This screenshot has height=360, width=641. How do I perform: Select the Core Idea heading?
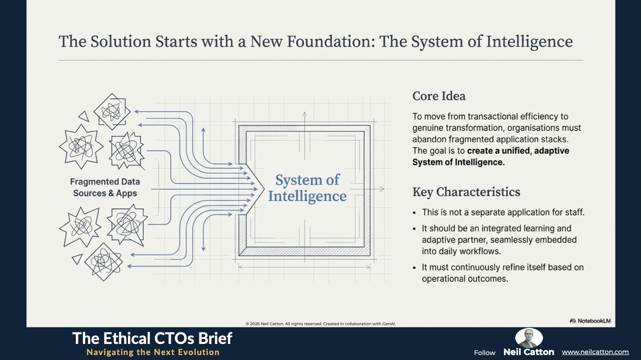pyautogui.click(x=439, y=96)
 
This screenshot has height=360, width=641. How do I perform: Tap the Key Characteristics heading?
pyautogui.click(x=466, y=192)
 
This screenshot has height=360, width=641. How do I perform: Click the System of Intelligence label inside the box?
pyautogui.click(x=307, y=188)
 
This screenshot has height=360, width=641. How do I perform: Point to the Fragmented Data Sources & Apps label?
pyautogui.click(x=105, y=187)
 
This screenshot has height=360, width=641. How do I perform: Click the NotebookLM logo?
pyautogui.click(x=590, y=321)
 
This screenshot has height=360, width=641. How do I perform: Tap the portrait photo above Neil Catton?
pyautogui.click(x=529, y=338)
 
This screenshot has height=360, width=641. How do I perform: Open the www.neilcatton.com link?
pyautogui.click(x=595, y=352)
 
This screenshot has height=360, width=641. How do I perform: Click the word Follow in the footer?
pyautogui.click(x=484, y=352)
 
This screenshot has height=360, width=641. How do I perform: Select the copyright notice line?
pyautogui.click(x=320, y=324)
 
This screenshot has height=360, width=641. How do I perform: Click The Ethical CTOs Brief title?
pyautogui.click(x=152, y=338)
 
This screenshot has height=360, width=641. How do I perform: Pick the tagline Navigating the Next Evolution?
pyautogui.click(x=153, y=352)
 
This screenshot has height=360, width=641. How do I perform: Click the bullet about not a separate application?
pyautogui.click(x=503, y=212)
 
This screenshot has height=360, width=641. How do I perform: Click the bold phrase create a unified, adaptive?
pyautogui.click(x=518, y=151)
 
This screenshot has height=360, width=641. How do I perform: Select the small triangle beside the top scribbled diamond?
pyautogui.click(x=83, y=116)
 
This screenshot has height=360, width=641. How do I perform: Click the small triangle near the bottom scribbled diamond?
pyautogui.click(x=77, y=259)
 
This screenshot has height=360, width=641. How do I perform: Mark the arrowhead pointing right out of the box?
pyautogui.click(x=382, y=189)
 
